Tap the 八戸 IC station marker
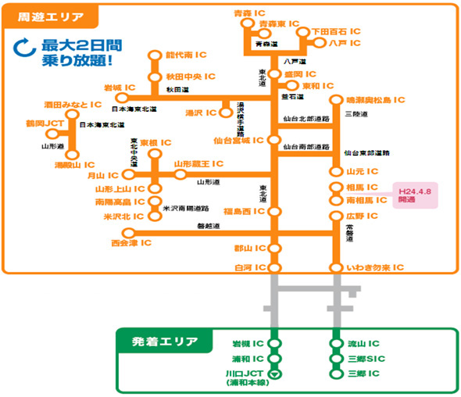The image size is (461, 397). coord(320,42)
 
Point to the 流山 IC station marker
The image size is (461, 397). coord(337,344)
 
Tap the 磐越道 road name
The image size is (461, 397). coord(209,226)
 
